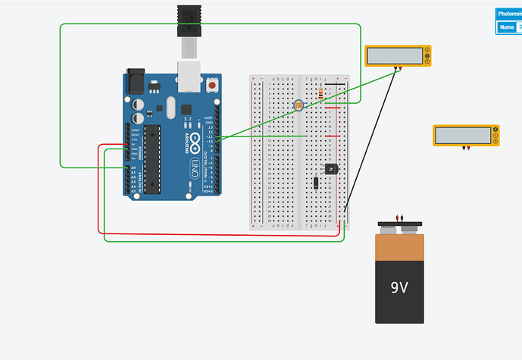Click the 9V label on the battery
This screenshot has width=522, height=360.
pos(399,288)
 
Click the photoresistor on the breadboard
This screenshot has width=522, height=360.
pos(298,105)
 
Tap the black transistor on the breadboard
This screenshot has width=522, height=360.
pos(330,168)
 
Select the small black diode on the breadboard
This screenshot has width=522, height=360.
pos(314,182)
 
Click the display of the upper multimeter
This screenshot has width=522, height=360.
pos(395,55)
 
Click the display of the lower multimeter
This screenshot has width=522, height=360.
pos(462,135)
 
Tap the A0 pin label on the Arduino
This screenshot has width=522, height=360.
pos(133,167)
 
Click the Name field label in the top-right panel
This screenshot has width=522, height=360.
pos(506,27)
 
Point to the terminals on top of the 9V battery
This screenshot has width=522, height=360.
pos(399,222)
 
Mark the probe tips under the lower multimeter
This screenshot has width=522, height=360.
pos(467,149)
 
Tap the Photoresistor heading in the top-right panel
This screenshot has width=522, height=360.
pos(509,14)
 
